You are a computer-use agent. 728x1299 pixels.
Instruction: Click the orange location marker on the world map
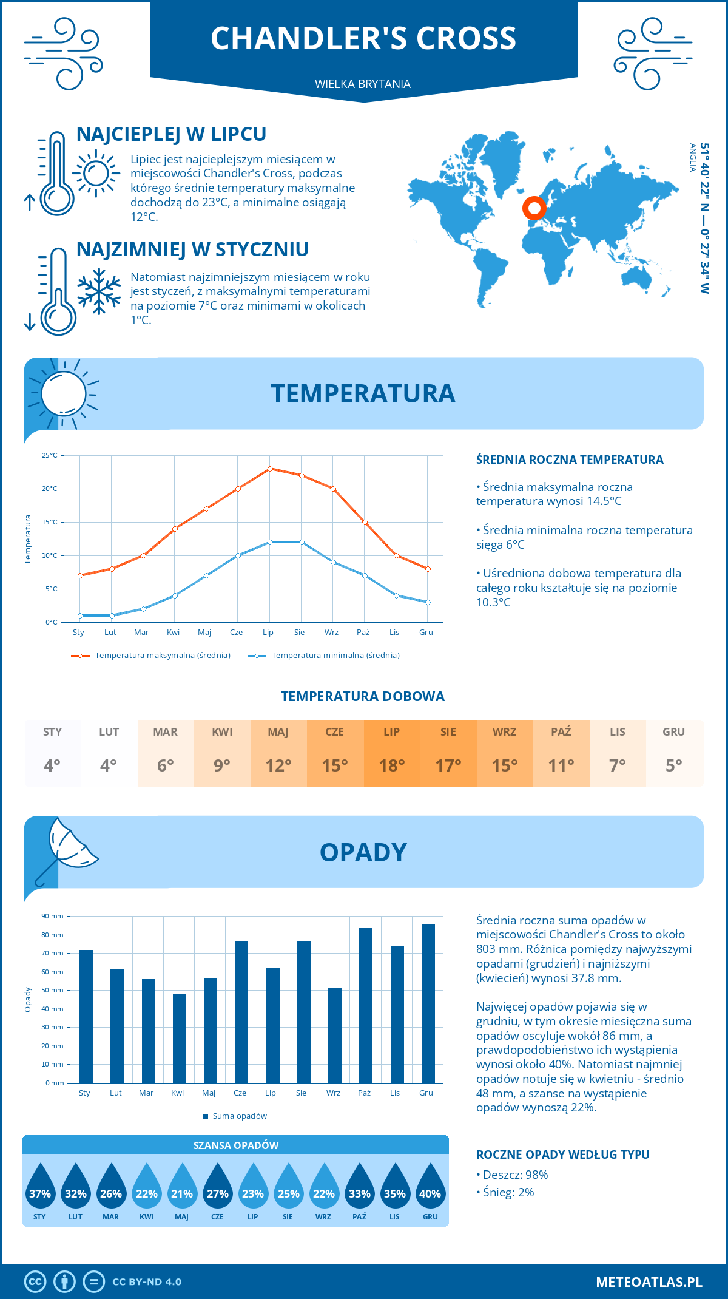coord(534,208)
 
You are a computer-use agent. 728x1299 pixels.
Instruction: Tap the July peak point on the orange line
coord(270,469)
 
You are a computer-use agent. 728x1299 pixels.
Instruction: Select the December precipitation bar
coord(428,1003)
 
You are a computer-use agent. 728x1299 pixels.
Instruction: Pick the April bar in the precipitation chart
coord(179,1038)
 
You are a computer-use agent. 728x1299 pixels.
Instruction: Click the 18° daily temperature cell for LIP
coord(392,765)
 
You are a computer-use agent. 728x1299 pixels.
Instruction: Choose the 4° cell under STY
coord(52,765)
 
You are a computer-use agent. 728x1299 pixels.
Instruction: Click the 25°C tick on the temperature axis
coord(50,455)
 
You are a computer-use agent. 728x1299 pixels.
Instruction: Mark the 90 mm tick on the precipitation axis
coord(53,916)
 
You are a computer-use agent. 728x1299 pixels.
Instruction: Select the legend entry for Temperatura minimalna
coord(325,656)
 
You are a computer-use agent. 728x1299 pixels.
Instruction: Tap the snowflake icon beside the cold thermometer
coord(99,291)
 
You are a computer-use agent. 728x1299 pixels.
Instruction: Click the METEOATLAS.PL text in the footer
coord(649,1282)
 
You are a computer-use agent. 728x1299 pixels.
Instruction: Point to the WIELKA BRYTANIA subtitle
coord(363,84)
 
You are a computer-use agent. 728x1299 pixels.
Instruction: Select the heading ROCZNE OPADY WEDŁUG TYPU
coord(563,1155)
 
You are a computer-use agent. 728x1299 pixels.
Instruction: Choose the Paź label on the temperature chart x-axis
coord(363,633)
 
